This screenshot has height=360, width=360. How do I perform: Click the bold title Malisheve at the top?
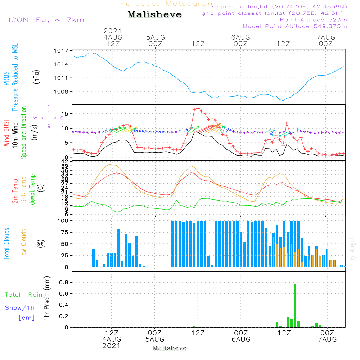[155, 15]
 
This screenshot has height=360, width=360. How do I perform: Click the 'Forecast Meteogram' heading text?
[168, 4]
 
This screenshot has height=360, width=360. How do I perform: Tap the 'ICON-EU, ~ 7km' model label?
[46, 20]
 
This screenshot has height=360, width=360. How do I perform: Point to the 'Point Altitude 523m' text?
[313, 20]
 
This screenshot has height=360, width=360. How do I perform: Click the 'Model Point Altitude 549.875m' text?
[295, 26]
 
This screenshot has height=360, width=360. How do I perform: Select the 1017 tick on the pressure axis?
[62, 51]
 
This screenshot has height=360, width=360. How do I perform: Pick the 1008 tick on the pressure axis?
[62, 91]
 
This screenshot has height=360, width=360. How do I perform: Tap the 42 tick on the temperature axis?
[64, 161]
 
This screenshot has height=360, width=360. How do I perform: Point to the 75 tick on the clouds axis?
[64, 232]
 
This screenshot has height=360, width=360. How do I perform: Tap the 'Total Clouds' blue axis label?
[6, 244]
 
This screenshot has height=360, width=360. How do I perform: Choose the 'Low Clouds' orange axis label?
[24, 244]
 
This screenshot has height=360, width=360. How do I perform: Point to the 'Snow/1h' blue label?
[20, 308]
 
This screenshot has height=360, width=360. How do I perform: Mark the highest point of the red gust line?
[198, 108]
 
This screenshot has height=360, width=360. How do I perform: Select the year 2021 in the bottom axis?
[112, 346]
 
